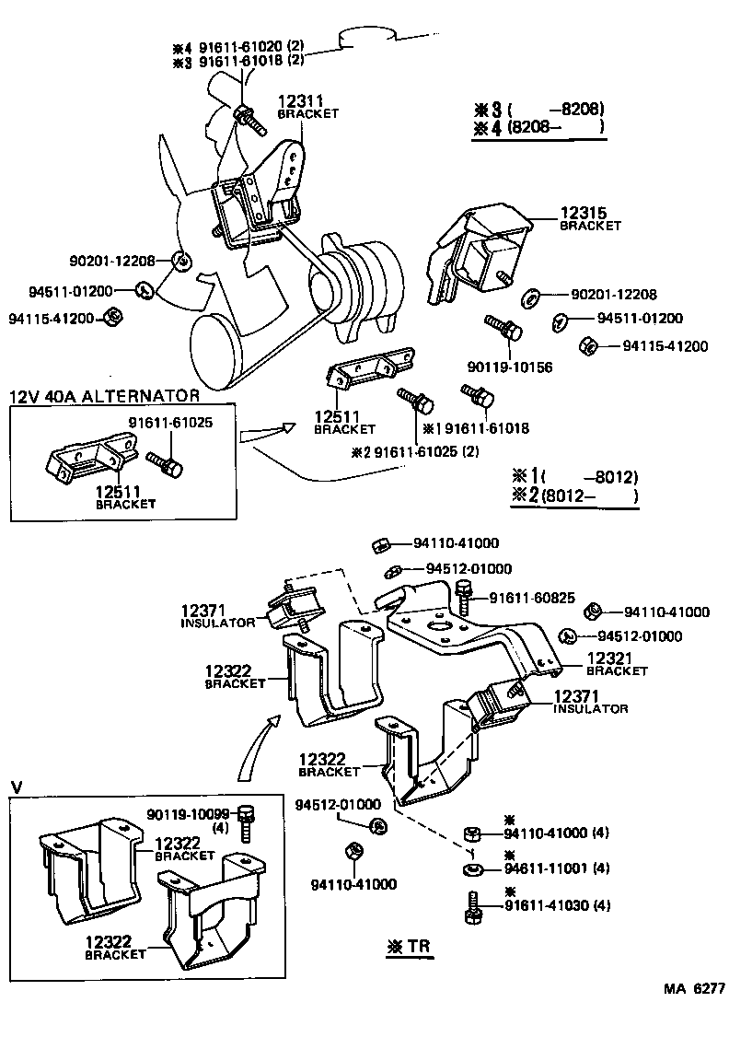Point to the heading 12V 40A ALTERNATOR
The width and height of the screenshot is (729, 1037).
pos(104,397)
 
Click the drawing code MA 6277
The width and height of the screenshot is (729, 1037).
pos(695,989)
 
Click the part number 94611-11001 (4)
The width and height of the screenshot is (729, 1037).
pos(556,868)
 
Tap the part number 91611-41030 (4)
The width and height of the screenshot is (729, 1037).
pos(556,905)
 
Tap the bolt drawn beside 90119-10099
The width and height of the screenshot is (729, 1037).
pos(245,822)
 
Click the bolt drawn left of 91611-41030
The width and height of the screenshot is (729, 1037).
pos(471,906)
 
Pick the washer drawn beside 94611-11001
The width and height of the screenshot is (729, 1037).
pos(471,868)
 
